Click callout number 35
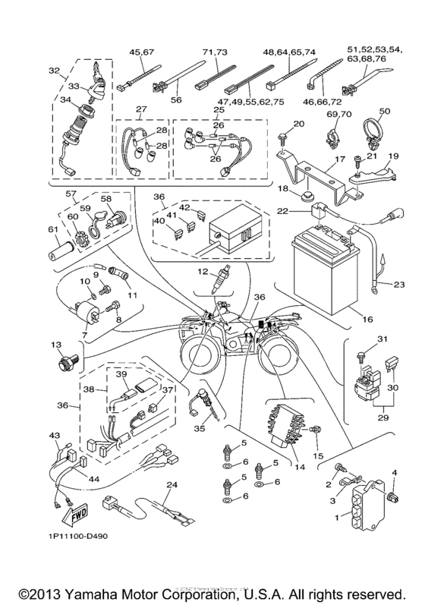(200, 427)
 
